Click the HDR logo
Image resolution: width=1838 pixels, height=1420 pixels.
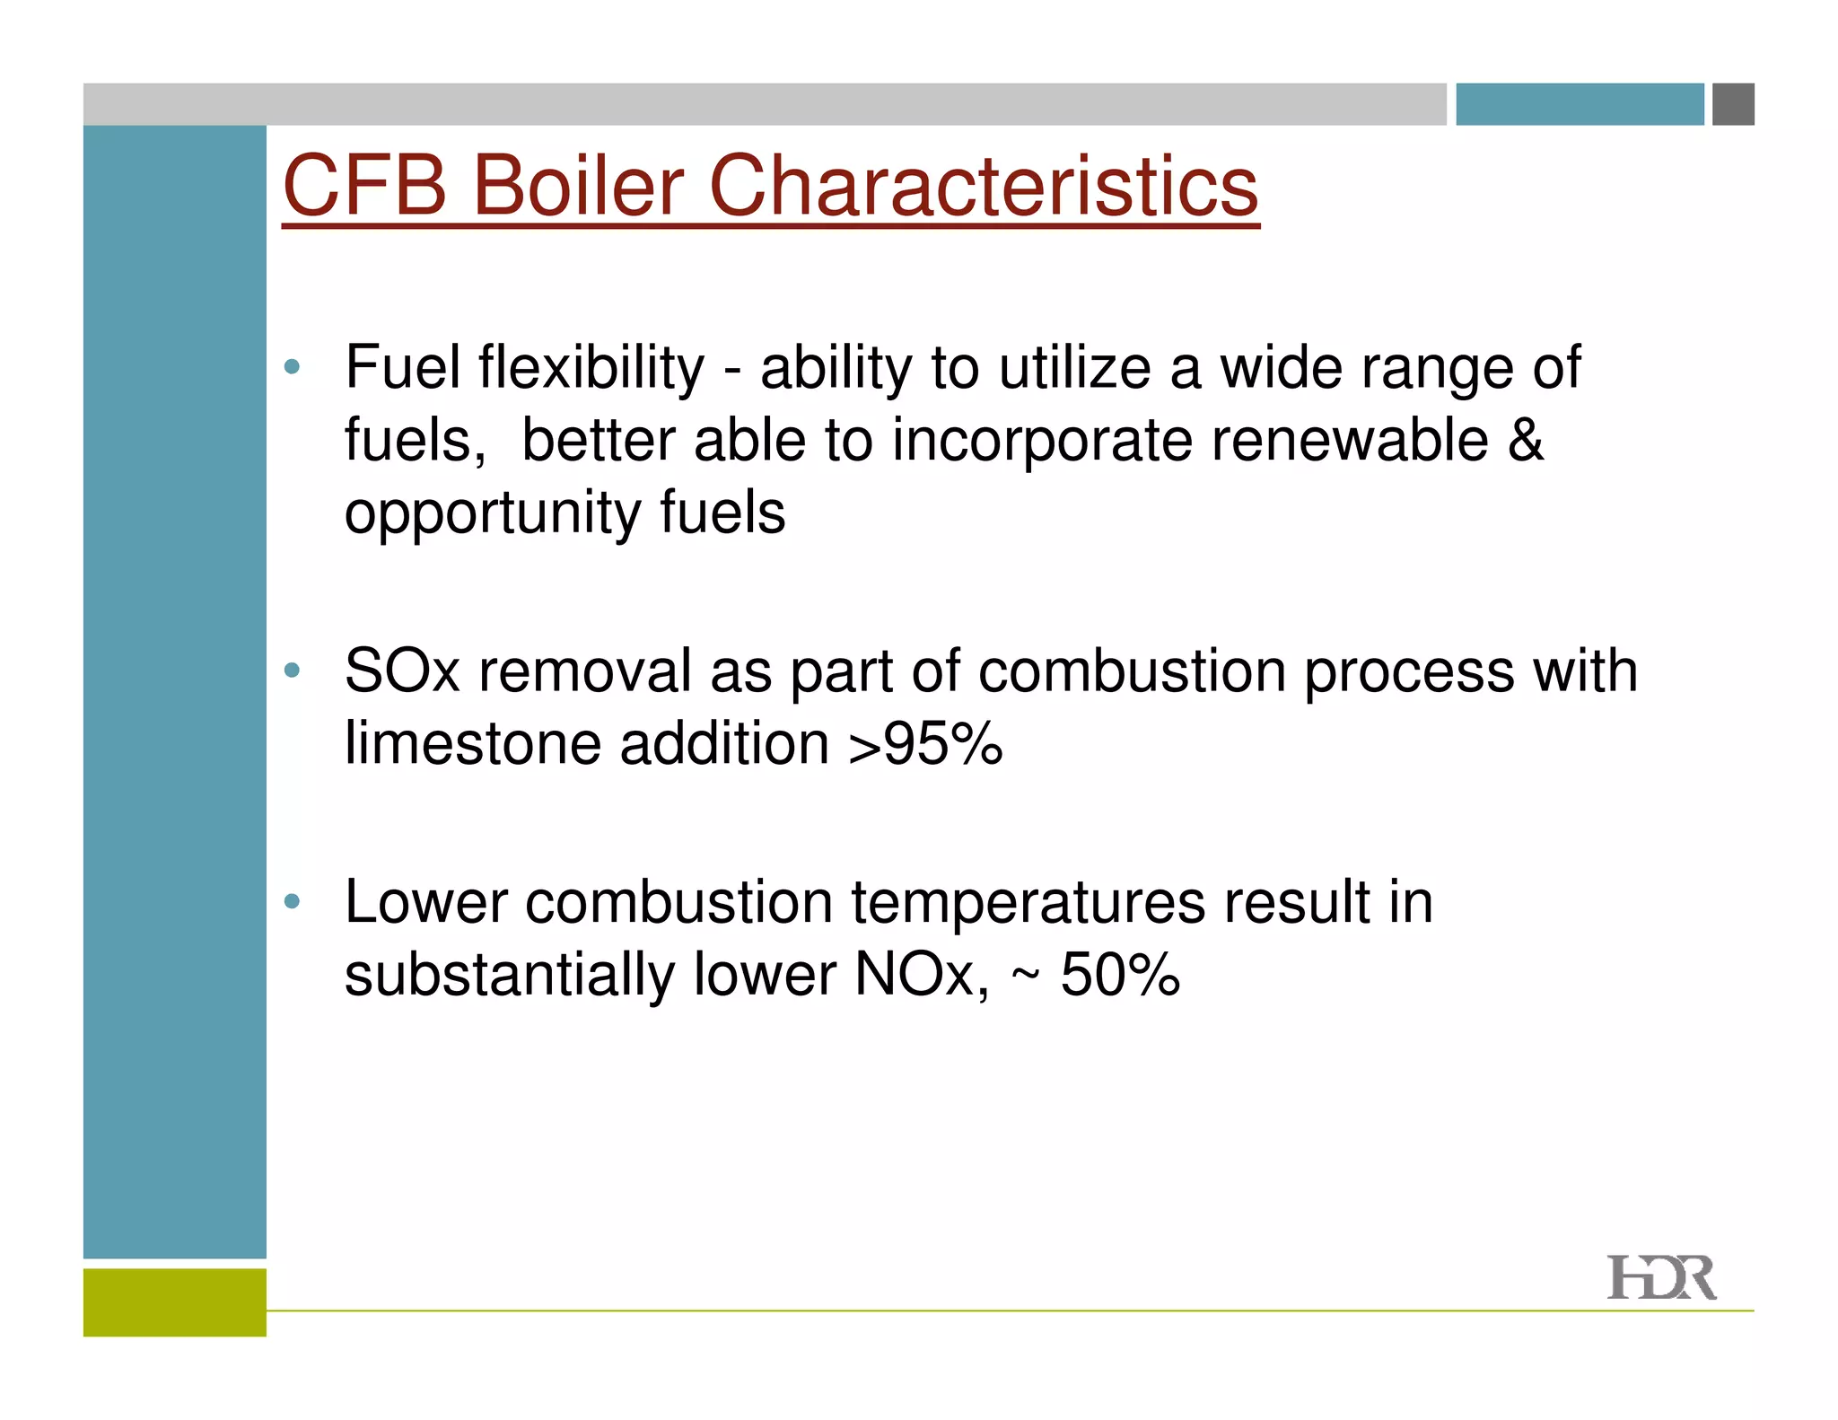(x=1660, y=1278)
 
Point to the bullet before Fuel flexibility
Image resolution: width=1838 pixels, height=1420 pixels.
(x=291, y=366)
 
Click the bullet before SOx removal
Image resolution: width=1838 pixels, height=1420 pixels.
(x=291, y=670)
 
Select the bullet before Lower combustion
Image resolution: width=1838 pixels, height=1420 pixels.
(x=291, y=900)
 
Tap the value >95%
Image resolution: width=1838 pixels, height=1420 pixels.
(x=925, y=744)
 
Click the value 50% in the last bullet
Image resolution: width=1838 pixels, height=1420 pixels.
(x=1119, y=975)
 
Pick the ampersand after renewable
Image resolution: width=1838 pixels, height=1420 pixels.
(x=1525, y=440)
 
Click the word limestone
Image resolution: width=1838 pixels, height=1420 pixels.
(x=473, y=744)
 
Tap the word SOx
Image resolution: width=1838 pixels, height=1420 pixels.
(x=401, y=671)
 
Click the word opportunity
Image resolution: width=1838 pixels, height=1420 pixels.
(x=491, y=515)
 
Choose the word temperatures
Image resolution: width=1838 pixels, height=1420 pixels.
(x=1028, y=902)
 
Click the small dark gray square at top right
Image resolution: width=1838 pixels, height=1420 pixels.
(x=1732, y=104)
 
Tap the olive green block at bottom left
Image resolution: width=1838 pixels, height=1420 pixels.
(x=174, y=1302)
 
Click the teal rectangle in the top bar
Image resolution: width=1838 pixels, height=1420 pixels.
(x=1579, y=104)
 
